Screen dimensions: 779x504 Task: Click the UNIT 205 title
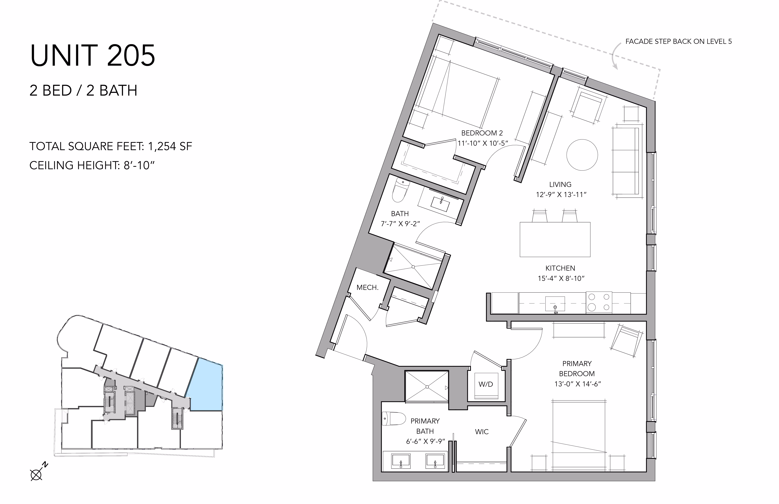click(x=93, y=56)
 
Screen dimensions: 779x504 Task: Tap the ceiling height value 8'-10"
click(x=139, y=165)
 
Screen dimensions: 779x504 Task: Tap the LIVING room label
click(x=560, y=185)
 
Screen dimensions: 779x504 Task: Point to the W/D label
click(x=486, y=384)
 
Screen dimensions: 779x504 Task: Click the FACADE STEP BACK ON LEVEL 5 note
click(x=678, y=42)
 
